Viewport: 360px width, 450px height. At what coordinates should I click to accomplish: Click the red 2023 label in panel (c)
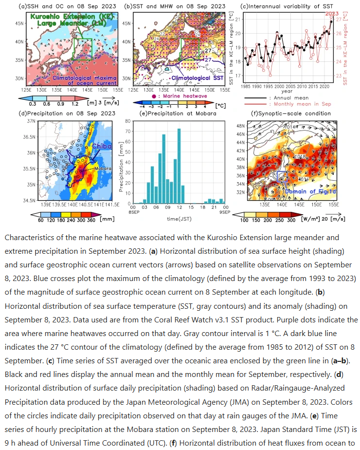[x=332, y=14]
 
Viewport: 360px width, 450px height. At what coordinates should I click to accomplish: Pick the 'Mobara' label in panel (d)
[x=102, y=169]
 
